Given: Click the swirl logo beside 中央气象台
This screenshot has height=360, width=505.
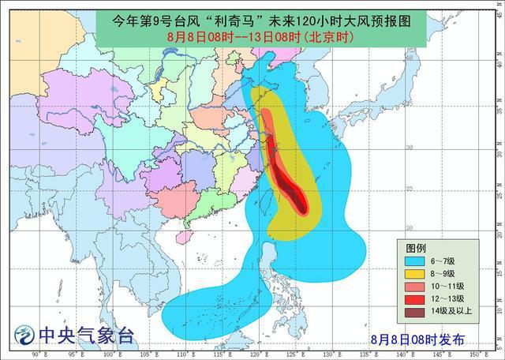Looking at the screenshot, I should (26, 336).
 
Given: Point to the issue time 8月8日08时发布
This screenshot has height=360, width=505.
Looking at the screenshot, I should (417, 340).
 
